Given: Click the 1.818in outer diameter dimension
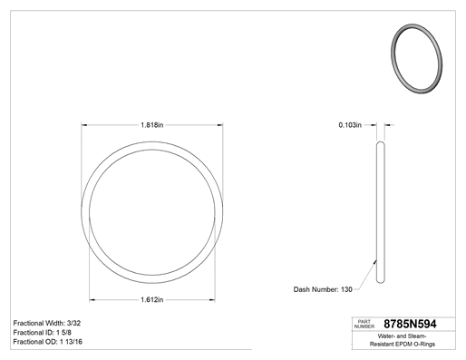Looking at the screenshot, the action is coord(152,125).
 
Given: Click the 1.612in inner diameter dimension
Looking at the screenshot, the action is coord(152,299).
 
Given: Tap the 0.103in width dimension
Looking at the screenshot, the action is coord(350,125).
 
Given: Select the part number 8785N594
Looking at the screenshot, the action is coord(410,324).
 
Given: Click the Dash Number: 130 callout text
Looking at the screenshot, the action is coord(323,289).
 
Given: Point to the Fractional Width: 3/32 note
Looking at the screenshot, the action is coord(47,323).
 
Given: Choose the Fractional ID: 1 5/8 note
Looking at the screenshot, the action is coord(43,333).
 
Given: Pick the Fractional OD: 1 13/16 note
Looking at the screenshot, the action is coord(48,342).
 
